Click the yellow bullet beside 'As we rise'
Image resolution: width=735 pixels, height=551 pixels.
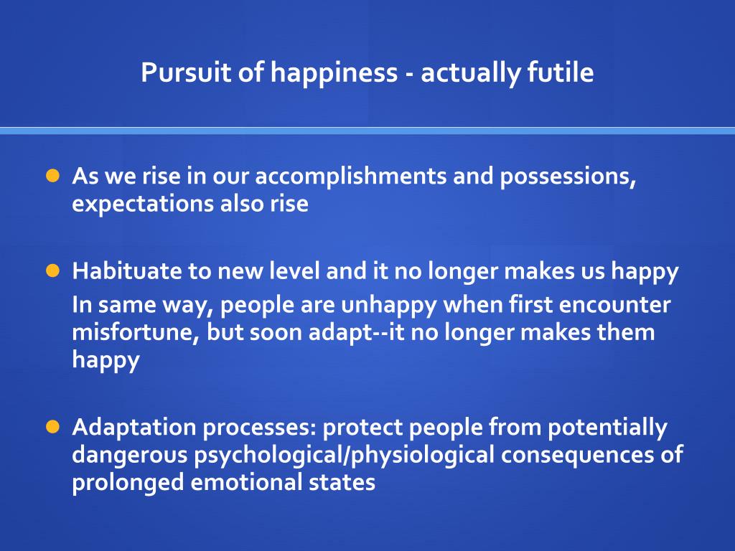tap(52, 176)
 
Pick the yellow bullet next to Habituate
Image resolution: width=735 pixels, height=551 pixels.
tap(52, 270)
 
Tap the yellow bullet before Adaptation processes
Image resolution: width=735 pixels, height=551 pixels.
tap(52, 427)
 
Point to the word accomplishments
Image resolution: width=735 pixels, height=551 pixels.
tap(351, 177)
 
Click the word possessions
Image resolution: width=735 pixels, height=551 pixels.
tap(567, 177)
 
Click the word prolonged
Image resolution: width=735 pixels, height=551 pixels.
tap(128, 483)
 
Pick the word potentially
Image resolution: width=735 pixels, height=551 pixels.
tap(608, 428)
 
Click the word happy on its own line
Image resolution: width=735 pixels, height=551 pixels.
tap(106, 361)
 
